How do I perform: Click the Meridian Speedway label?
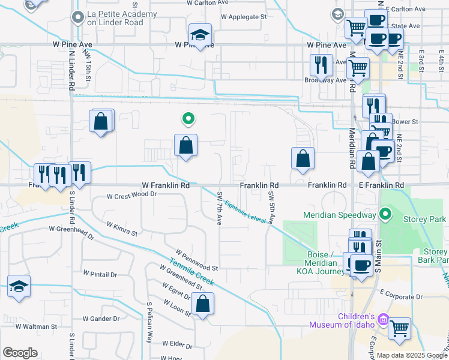(x=339, y=215)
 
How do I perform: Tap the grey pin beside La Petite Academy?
(x=76, y=18)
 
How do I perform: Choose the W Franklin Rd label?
(x=166, y=186)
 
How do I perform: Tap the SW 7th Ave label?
(x=220, y=208)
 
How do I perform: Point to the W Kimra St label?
(x=122, y=228)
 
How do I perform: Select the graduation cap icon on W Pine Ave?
(x=200, y=35)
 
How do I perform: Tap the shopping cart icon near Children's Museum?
(x=399, y=328)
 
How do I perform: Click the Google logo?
(x=20, y=353)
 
